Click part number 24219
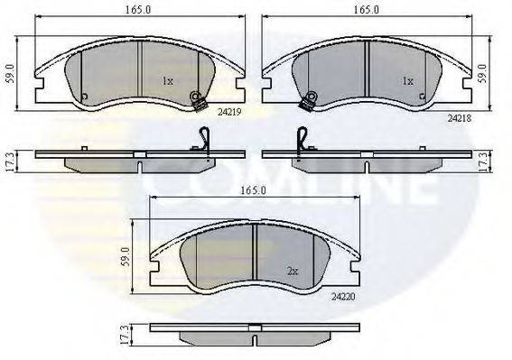(x=229, y=112)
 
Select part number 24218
(x=460, y=118)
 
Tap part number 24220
(x=343, y=297)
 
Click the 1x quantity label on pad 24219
(x=168, y=81)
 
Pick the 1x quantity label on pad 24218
(x=408, y=80)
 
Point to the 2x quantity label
(x=293, y=272)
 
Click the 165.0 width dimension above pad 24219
(x=138, y=10)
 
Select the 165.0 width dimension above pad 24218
(x=367, y=10)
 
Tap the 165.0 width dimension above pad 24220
(x=254, y=190)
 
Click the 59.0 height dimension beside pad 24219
(x=11, y=73)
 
